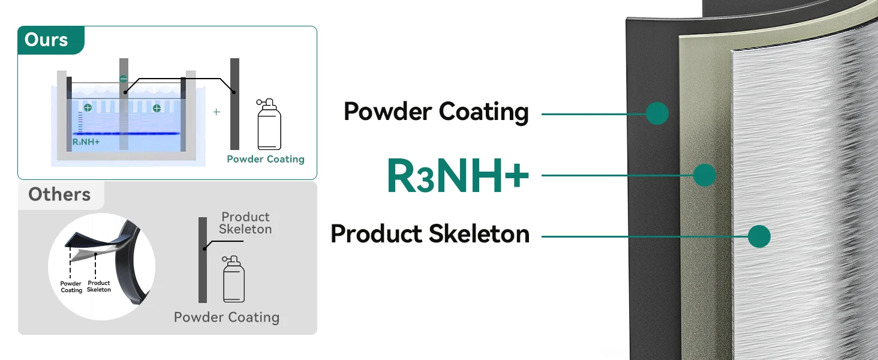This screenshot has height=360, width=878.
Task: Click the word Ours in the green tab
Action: coord(46,40)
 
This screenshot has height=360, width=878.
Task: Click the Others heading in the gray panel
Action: coord(59,194)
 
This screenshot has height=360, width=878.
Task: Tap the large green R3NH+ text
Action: coord(458,176)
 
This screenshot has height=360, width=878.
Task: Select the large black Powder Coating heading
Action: coord(436,112)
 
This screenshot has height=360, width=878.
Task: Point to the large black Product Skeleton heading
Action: coord(430,234)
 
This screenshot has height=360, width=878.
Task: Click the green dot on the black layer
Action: coord(657,113)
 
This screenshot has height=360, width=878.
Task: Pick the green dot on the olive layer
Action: coord(705,175)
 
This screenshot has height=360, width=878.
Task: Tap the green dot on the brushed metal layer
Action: coord(759,236)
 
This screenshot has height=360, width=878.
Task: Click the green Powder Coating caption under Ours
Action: coord(266,159)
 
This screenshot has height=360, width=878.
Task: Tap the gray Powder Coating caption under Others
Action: coord(227,317)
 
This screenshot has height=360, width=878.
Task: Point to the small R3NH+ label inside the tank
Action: coord(86,142)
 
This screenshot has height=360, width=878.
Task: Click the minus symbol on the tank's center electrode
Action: coord(124,79)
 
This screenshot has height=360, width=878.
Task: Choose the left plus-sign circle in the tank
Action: coord(88,108)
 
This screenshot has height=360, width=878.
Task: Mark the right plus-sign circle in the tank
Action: coord(157,108)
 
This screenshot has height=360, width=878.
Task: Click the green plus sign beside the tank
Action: coord(217,112)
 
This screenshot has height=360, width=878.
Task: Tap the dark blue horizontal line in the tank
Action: coord(126,133)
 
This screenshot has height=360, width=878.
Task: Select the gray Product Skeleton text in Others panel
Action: coord(245,223)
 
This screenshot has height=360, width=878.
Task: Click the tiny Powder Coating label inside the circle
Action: coord(71,287)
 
